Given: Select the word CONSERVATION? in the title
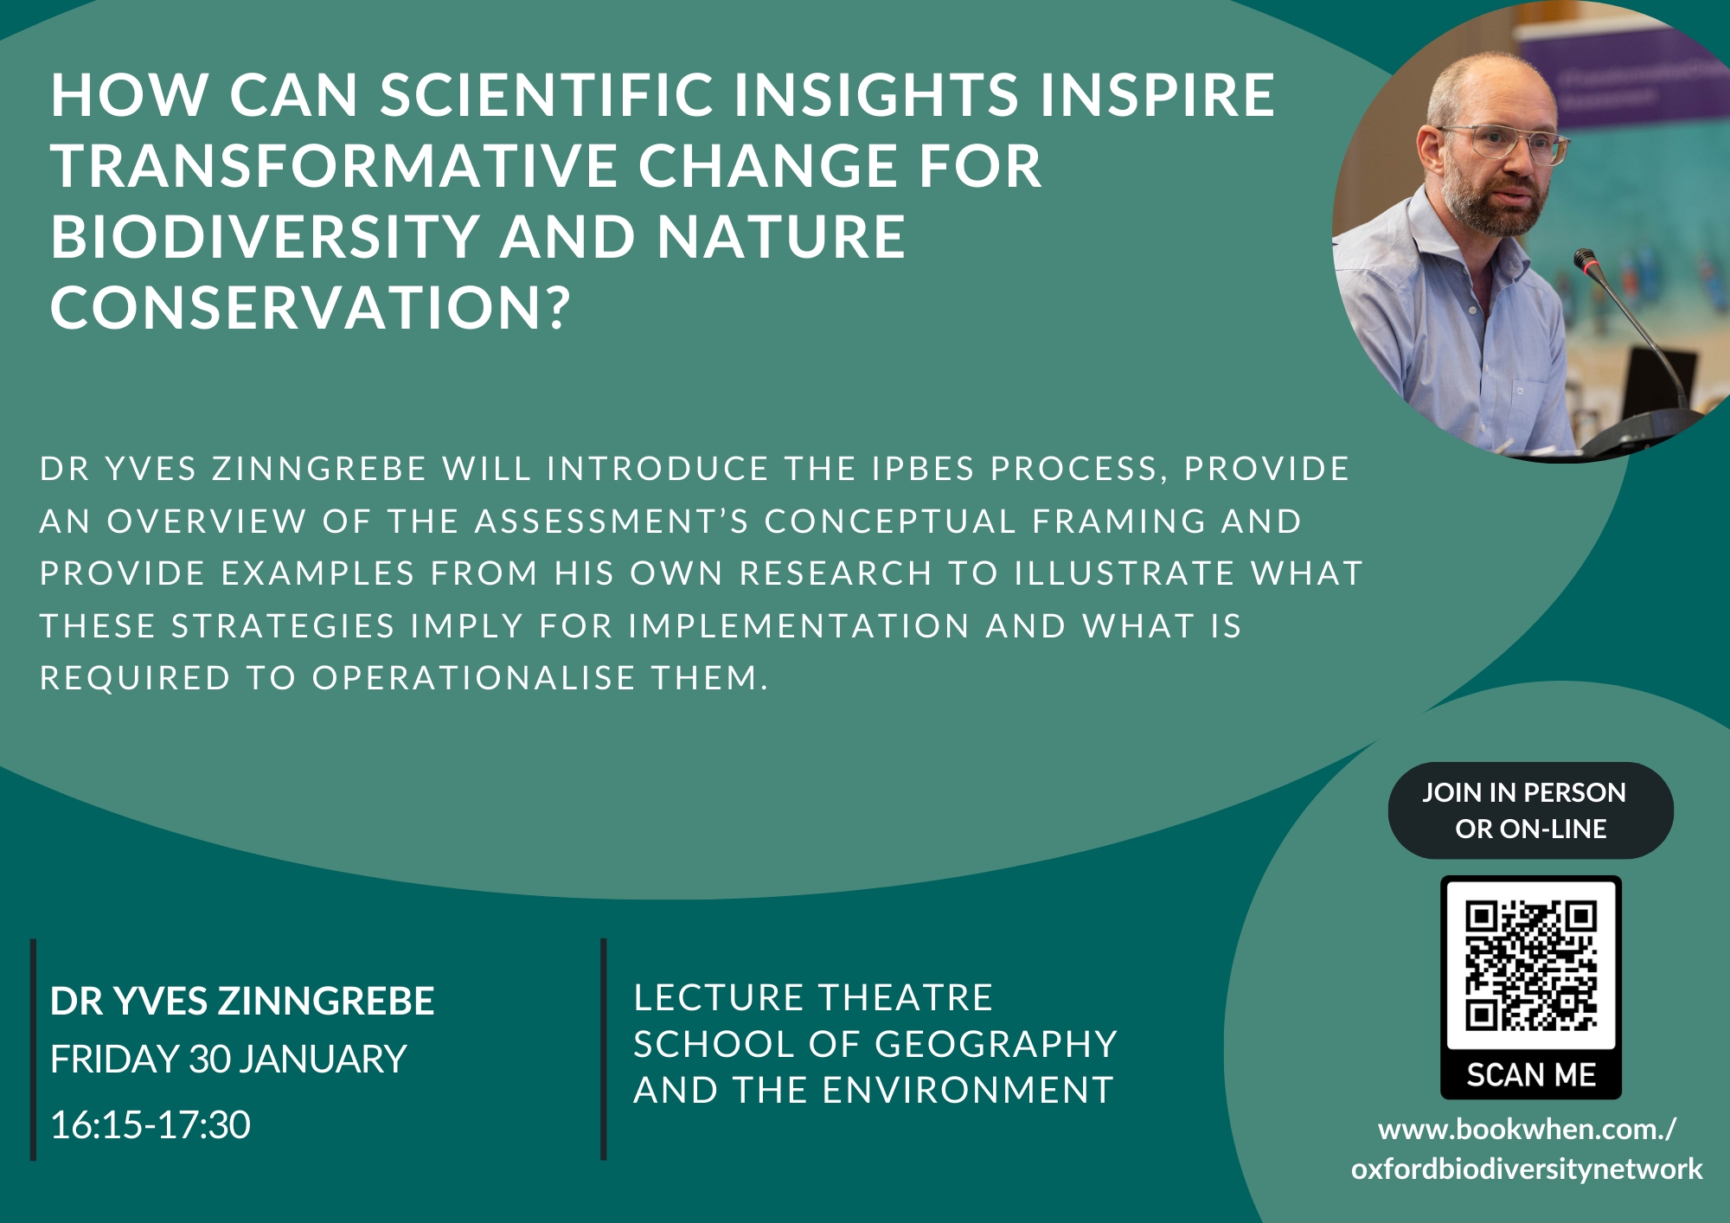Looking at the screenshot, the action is click(311, 308).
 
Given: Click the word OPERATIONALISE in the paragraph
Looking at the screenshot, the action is click(474, 678).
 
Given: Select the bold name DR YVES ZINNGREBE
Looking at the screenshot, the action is click(242, 1001).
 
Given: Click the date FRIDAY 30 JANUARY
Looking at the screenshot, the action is click(228, 1060).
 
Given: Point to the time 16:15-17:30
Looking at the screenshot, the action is click(151, 1125).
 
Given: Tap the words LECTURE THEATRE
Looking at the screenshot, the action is click(813, 998).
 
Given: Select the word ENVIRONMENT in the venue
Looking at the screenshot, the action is click(968, 1091).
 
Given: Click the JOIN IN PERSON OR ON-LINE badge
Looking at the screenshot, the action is click(1531, 810).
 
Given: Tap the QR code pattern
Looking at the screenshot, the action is click(1531, 966).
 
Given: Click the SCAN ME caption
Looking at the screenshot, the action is click(1531, 1075).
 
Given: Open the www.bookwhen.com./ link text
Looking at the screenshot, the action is click(1528, 1130).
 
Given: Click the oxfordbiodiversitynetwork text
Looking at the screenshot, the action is click(1527, 1169).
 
